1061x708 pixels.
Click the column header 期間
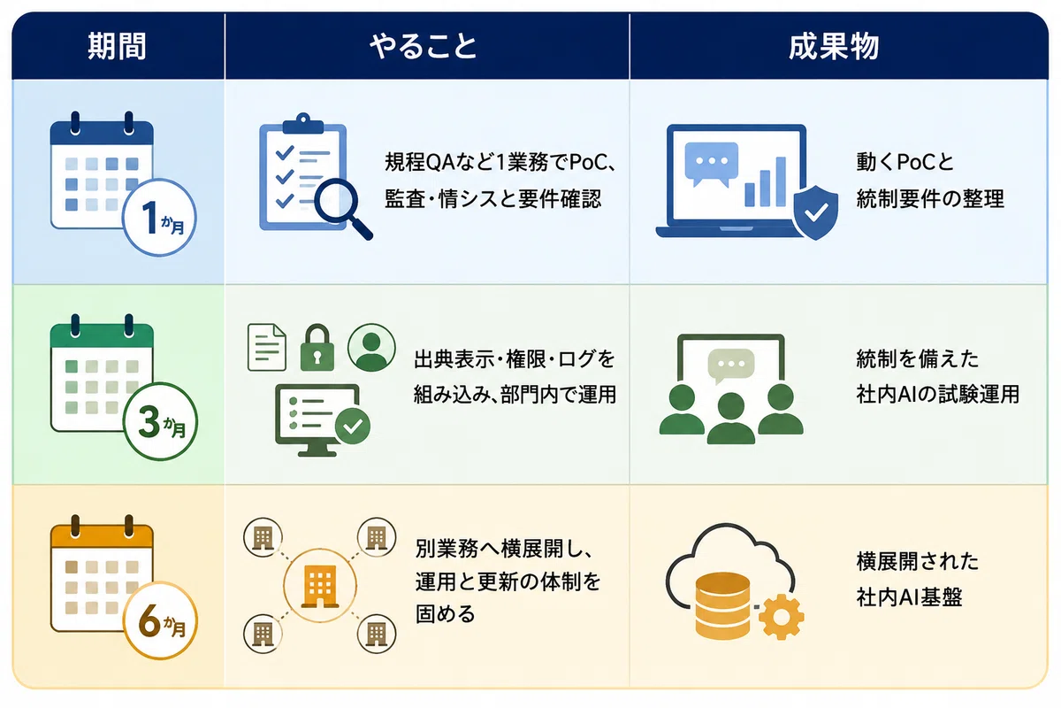pos(117,47)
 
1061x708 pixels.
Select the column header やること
pos(423,47)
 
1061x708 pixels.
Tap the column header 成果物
pos(834,47)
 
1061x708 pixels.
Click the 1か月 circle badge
pos(159,218)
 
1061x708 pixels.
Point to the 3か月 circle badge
pos(160,421)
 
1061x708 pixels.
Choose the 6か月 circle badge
pos(160,620)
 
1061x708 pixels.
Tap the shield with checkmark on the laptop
pos(815,212)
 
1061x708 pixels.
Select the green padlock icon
pos(317,348)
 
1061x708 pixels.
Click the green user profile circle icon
pos(371,347)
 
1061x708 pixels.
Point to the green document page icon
pos(267,347)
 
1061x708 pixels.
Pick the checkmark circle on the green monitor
pos(353,426)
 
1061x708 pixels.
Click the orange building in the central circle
pos(320,586)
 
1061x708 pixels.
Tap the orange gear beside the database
pos(781,617)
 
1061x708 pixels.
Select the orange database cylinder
pos(723,605)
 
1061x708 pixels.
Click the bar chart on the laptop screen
pos(766,182)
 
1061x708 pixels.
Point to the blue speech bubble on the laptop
pos(712,164)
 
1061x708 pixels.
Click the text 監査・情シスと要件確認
pos(492,199)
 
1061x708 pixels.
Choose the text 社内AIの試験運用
pos(937,394)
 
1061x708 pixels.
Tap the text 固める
pos(446,613)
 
